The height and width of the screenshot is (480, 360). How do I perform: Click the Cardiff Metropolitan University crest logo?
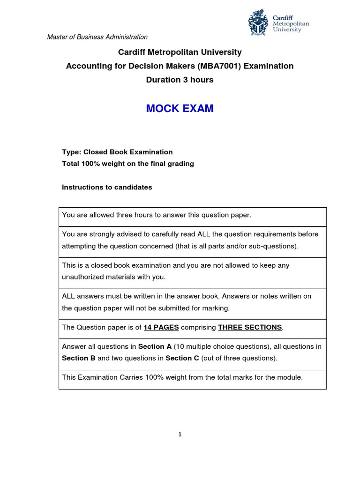pyautogui.click(x=259, y=23)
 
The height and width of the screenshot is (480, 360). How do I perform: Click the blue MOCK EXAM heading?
pyautogui.click(x=180, y=109)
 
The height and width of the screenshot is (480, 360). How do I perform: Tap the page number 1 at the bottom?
pyautogui.click(x=180, y=435)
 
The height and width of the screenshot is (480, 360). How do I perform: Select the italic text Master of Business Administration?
pyautogui.click(x=97, y=37)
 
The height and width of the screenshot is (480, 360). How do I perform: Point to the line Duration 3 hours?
pyautogui.click(x=180, y=80)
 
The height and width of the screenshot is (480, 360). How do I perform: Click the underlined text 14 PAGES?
pyautogui.click(x=161, y=327)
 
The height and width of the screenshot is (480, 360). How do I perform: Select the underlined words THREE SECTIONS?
pyautogui.click(x=250, y=327)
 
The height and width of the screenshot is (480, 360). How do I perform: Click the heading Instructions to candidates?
pyautogui.click(x=107, y=187)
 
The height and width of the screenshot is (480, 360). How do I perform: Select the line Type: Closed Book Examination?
pyautogui.click(x=117, y=152)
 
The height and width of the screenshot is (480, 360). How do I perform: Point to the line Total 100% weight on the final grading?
pyautogui.click(x=128, y=164)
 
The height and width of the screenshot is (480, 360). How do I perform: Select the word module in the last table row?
pyautogui.click(x=291, y=377)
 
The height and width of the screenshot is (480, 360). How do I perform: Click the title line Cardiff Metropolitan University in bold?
pyautogui.click(x=180, y=52)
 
